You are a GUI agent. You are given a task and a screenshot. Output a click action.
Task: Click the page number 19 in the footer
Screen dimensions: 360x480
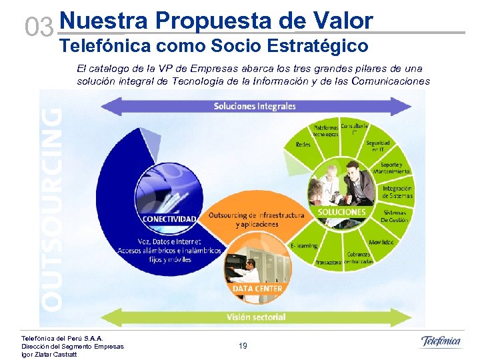pyautogui.click(x=243, y=345)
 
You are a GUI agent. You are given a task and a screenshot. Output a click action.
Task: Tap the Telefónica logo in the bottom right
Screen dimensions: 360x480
pyautogui.click(x=441, y=342)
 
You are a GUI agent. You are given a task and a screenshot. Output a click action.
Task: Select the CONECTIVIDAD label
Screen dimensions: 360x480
pyautogui.click(x=169, y=219)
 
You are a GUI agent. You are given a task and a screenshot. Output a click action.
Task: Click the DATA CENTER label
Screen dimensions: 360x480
pyautogui.click(x=257, y=289)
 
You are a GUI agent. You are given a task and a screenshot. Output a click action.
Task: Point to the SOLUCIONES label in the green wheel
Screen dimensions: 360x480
pyautogui.click(x=342, y=212)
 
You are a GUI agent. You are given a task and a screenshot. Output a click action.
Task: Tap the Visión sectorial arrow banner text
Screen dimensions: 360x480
pyautogui.click(x=256, y=317)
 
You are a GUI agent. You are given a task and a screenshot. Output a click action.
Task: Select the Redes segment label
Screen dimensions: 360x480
pyautogui.click(x=303, y=144)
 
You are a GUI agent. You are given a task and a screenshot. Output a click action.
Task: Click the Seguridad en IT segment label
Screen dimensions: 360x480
pyautogui.click(x=377, y=146)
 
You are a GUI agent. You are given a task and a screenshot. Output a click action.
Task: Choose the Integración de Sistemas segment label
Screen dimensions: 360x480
pyautogui.click(x=397, y=192)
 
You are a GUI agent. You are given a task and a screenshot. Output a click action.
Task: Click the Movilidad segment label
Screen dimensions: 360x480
pyautogui.click(x=381, y=242)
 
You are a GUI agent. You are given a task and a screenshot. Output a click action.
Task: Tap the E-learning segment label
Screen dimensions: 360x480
pyautogui.click(x=304, y=245)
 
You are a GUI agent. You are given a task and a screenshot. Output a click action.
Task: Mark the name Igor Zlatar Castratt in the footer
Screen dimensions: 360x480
pyautogui.click(x=49, y=354)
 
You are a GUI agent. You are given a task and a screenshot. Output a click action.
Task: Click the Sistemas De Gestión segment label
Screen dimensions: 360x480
pyautogui.click(x=393, y=216)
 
